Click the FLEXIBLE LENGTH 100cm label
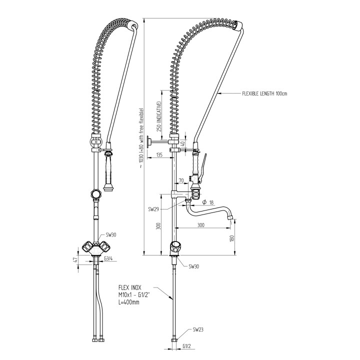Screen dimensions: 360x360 [264, 93]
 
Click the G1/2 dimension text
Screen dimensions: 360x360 [188, 346]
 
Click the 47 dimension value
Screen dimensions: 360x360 [74, 261]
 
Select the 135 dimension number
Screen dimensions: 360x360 [159, 155]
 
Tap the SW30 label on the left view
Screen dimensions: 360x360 [111, 234]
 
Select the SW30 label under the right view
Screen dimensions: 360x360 [194, 267]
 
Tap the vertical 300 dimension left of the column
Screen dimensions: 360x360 [159, 226]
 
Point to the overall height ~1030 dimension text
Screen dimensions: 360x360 [142, 135]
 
